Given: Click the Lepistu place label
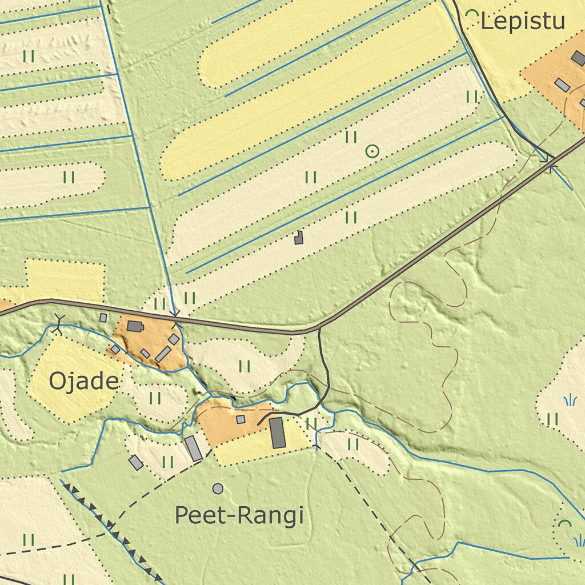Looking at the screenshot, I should click(x=523, y=22).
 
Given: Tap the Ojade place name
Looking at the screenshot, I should click(x=85, y=381).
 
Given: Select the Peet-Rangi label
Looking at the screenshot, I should click(x=239, y=516).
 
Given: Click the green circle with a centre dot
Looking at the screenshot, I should click(x=372, y=151).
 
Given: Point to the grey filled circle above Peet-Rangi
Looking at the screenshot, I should click(x=218, y=488).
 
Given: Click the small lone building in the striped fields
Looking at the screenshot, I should click(x=298, y=238).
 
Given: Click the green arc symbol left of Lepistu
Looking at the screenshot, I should click(x=472, y=16).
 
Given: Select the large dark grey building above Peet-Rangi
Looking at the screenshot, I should click(x=277, y=432).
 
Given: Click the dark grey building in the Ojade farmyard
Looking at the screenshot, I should click(x=135, y=326).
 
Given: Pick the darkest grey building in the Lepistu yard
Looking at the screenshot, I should click(x=579, y=58).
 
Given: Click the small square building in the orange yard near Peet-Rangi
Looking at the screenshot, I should click(x=241, y=419).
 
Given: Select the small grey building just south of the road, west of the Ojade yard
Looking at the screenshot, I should click(x=103, y=318).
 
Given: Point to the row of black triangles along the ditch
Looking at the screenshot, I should click(x=109, y=523).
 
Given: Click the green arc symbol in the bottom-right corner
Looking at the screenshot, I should click(x=564, y=523).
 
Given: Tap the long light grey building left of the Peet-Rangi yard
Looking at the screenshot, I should click(x=193, y=448).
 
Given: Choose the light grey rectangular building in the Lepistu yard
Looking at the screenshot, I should click(x=562, y=85).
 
